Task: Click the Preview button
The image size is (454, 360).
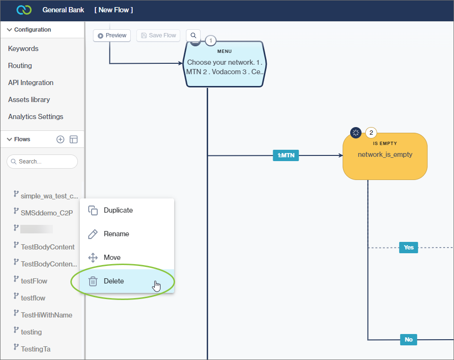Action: point(112,35)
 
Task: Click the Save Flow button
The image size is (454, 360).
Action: point(158,35)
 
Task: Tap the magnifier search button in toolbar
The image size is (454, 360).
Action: point(193,35)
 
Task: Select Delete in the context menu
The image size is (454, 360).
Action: point(114,281)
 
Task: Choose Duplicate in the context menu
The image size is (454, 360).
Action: point(118,210)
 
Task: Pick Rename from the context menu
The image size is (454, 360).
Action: point(116,234)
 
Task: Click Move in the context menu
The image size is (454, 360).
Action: point(112,257)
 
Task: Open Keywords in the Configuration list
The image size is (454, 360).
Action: point(23,49)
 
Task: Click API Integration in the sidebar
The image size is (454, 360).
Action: point(31,83)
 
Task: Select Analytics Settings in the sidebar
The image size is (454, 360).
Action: point(35,117)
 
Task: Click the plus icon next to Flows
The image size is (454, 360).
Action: point(60,139)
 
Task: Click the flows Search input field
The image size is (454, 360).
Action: point(45,162)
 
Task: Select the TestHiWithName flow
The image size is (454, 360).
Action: point(46,315)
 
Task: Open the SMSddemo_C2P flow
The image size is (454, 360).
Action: point(47,213)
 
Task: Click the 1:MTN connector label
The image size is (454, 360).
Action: point(286,155)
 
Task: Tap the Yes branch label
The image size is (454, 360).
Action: point(408,248)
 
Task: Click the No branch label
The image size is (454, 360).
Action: point(408,340)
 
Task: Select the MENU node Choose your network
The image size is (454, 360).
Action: point(224,67)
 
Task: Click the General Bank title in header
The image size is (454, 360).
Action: point(63,10)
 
